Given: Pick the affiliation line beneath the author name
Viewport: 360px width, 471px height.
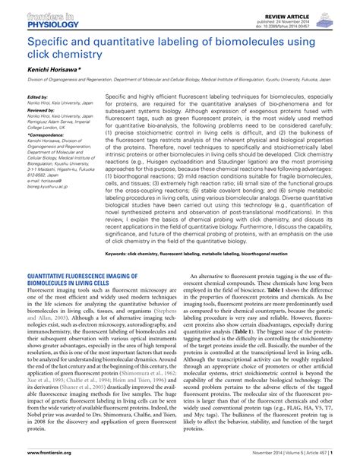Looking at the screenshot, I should tap(179, 81).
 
